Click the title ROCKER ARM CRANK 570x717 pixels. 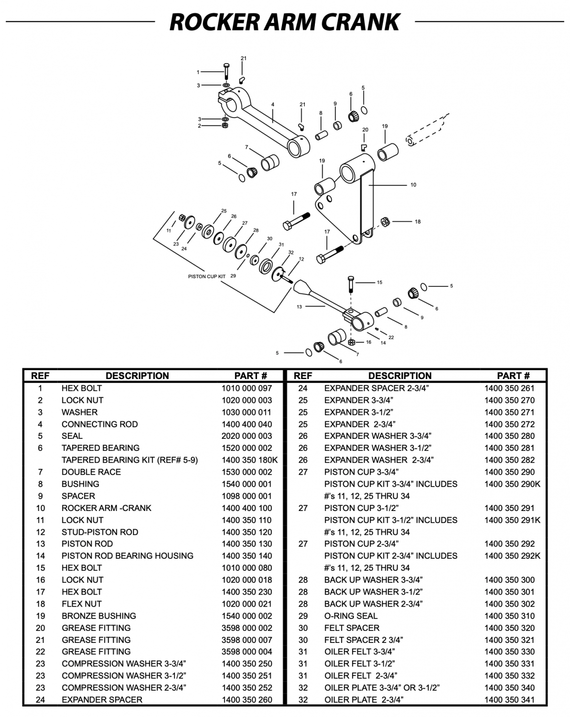pos(285,22)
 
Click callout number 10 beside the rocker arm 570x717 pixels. pos(413,185)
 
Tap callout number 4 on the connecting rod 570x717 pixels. pos(273,105)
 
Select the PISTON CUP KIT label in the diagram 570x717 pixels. pos(207,276)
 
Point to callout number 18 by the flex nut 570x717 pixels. pos(418,222)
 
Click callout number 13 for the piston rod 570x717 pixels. pos(299,307)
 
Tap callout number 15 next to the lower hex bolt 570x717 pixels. pos(379,282)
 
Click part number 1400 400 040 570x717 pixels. pos(247,424)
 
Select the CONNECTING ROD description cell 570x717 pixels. pos(99,424)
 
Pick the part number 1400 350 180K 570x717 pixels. pos(249,460)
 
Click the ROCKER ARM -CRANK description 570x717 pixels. pos(106,508)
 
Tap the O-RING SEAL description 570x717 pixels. pos(351,616)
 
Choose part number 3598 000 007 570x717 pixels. pos(247,640)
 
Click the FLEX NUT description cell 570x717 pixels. pos(82,604)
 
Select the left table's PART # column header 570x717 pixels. pos(250,376)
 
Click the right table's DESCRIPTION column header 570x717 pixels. pos(399,376)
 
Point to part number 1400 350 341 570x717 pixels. pos(509,700)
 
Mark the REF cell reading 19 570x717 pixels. pos(40,616)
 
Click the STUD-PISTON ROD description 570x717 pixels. pos(100,532)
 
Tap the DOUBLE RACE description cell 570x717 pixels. pos(91,472)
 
